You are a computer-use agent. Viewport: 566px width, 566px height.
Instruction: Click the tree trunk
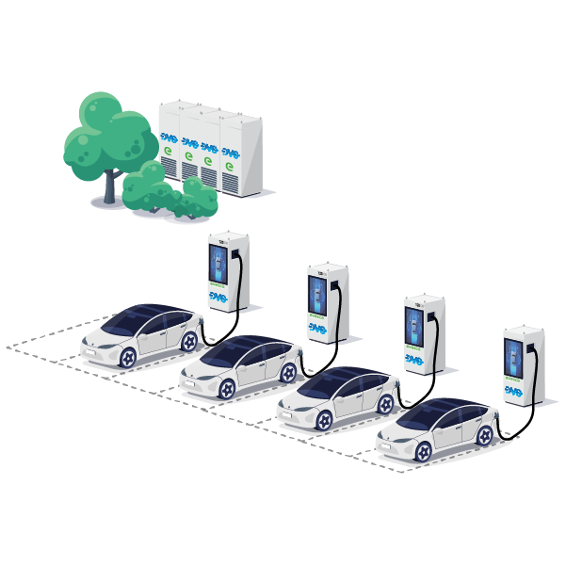pos(111,186)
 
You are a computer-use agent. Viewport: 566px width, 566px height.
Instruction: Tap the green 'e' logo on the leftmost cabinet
pos(168,150)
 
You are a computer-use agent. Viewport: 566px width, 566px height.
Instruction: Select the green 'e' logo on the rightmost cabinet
pos(227,166)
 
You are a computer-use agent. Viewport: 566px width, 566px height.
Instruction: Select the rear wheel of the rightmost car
pos(486,434)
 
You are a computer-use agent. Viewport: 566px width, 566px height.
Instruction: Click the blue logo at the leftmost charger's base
pos(218,296)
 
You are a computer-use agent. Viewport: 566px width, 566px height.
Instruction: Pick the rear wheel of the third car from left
pos(385,402)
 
